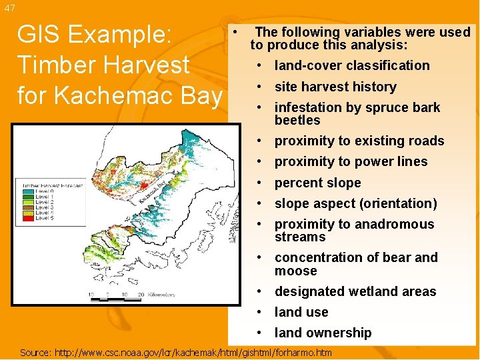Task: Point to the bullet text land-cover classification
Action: (x=352, y=65)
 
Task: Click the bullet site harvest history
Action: (x=335, y=87)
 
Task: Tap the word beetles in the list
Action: (x=297, y=120)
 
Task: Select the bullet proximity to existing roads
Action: (x=359, y=141)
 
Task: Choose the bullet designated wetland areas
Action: (x=355, y=291)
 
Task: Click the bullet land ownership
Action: (x=323, y=333)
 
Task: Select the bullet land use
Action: (x=301, y=312)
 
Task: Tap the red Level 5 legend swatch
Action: (x=27, y=218)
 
